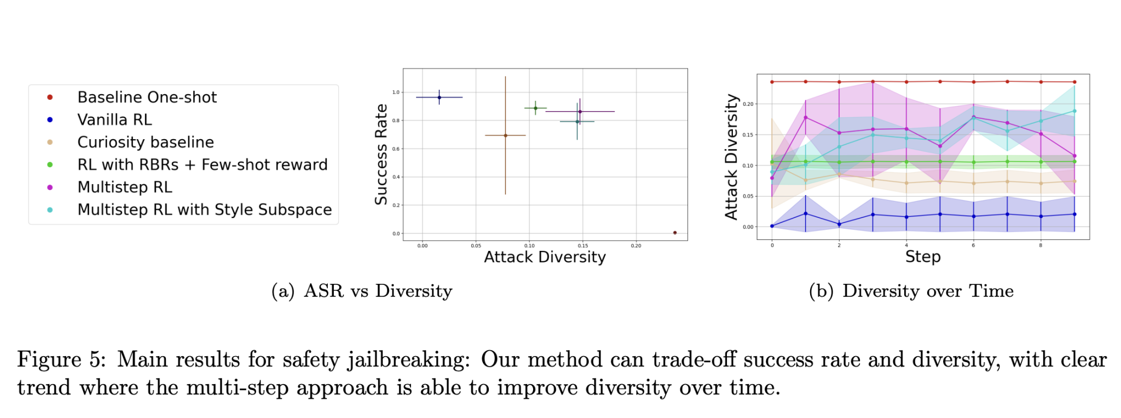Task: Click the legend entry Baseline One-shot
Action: (x=147, y=98)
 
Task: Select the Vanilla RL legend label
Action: (x=114, y=120)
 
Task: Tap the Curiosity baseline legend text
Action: (x=145, y=142)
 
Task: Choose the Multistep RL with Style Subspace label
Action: (x=204, y=210)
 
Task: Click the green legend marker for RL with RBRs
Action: (x=50, y=165)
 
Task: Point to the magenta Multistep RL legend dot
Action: (x=50, y=187)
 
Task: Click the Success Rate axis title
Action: (x=381, y=154)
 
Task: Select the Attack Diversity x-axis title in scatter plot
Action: (x=545, y=257)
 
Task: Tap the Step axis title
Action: (x=923, y=257)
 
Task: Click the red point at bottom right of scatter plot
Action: (x=674, y=233)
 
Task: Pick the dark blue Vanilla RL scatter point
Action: (x=439, y=98)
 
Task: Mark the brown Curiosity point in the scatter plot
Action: (x=505, y=135)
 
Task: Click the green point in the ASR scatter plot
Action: (x=535, y=108)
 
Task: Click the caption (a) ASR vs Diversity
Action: (x=362, y=291)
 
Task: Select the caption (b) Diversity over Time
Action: (x=911, y=291)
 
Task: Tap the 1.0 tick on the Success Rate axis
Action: (x=396, y=93)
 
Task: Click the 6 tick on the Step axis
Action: (x=973, y=245)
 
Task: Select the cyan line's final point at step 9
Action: (x=1074, y=111)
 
